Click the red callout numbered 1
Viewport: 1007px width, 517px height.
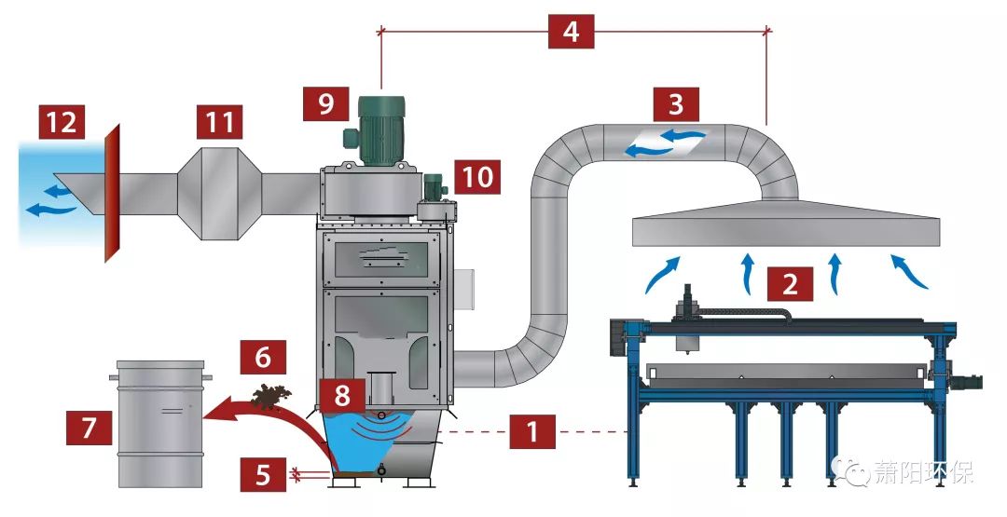pos(532,432)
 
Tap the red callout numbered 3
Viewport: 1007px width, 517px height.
pos(676,102)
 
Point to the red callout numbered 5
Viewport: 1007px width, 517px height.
pos(265,475)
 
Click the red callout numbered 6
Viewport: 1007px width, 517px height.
pos(263,355)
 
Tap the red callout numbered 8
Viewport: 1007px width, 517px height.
pos(342,394)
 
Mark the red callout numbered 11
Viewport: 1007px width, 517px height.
pos(219,122)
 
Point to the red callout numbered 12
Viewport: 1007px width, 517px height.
pos(62,122)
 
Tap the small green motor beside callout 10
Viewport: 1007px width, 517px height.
pos(435,189)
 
